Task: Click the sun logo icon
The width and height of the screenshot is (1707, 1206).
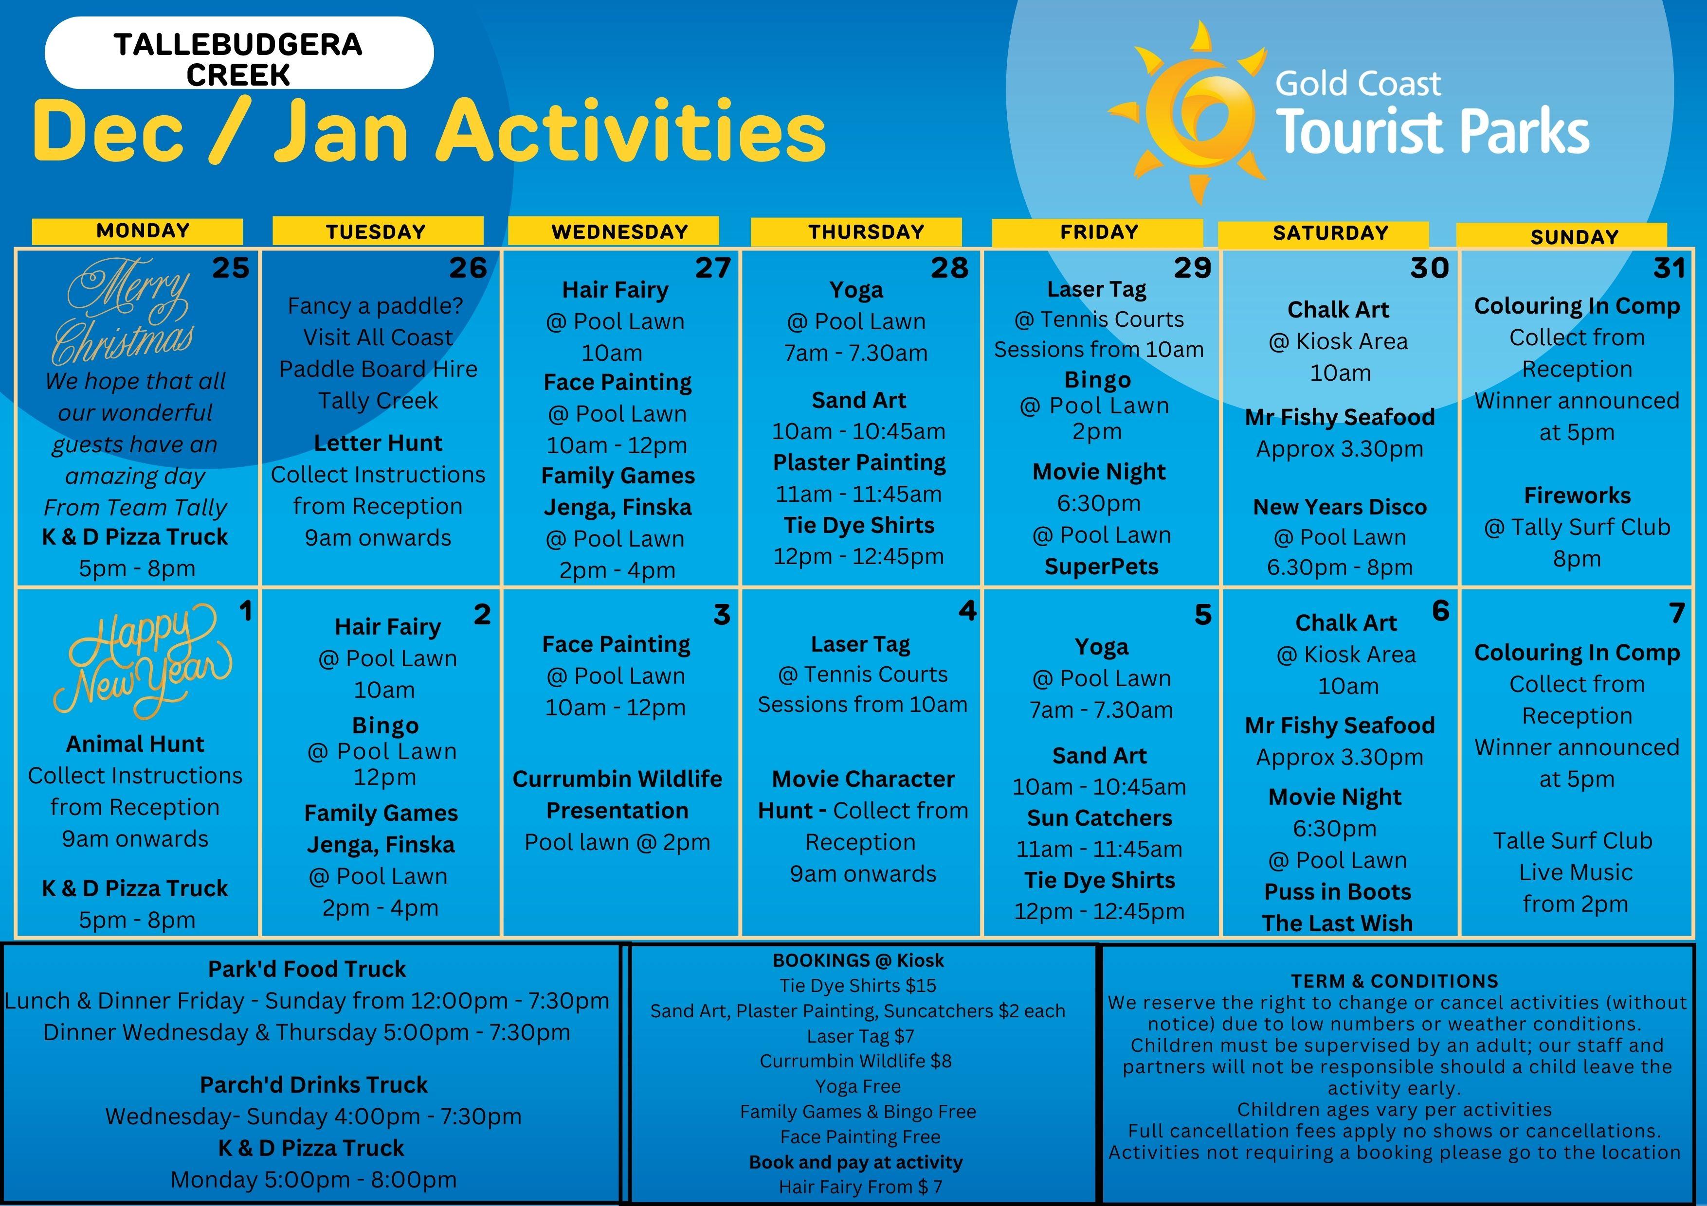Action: pos(1187,111)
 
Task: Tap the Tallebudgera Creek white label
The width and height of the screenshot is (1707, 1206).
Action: pos(238,53)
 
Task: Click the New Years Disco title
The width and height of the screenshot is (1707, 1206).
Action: pos(1340,507)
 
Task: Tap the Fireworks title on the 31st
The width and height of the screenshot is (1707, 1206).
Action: pos(1577,496)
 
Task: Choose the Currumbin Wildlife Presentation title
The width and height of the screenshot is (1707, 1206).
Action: pos(617,794)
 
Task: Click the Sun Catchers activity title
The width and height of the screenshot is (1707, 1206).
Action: pos(1100,818)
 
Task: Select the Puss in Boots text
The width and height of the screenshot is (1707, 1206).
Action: pos(1338,892)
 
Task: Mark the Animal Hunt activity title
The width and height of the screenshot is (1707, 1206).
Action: pos(135,744)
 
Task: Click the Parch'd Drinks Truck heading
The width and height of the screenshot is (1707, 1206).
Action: pos(314,1085)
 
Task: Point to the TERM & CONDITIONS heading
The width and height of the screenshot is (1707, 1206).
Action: pos(1395,981)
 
